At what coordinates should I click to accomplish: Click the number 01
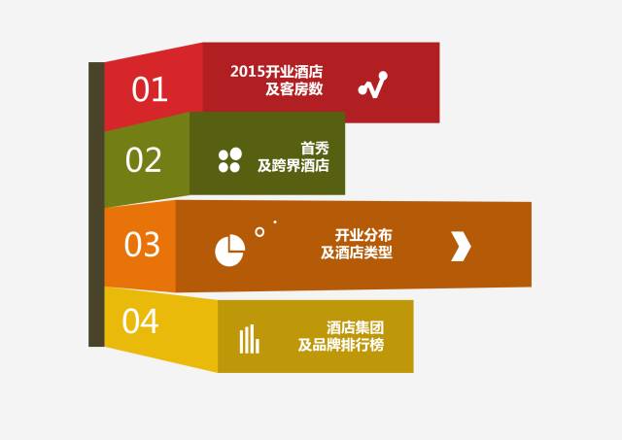(149, 89)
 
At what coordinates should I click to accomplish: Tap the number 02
(143, 159)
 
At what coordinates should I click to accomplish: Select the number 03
(142, 244)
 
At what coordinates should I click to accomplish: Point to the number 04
(140, 321)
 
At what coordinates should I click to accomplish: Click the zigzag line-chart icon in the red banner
(373, 85)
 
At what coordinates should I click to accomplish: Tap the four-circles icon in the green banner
(230, 160)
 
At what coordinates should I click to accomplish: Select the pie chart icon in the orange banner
(230, 251)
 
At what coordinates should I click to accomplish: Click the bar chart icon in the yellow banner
(249, 339)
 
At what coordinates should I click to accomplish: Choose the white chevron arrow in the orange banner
(461, 246)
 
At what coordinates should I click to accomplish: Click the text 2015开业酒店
(276, 72)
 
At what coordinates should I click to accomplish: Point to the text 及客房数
(294, 88)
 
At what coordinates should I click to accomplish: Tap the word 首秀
(315, 149)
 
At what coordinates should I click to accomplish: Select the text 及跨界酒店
(294, 165)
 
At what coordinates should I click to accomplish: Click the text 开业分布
(363, 235)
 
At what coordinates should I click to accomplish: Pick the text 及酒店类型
(357, 253)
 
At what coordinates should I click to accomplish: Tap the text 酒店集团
(356, 328)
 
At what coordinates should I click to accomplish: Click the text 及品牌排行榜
(341, 345)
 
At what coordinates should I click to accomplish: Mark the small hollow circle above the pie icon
(259, 232)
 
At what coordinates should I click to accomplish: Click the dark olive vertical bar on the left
(96, 204)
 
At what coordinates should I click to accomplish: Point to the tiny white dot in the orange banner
(275, 222)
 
